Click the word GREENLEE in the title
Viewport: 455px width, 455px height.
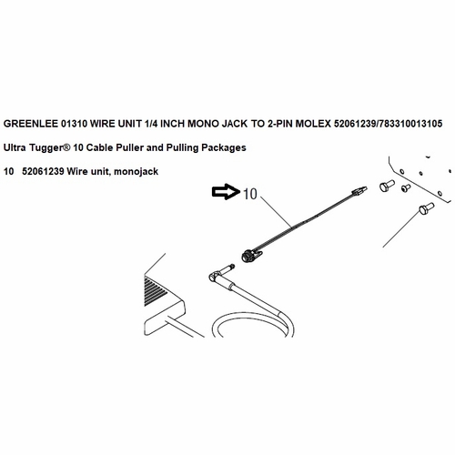[30, 124]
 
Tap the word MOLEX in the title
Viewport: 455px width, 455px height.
[313, 124]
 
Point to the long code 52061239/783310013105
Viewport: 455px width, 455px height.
[389, 124]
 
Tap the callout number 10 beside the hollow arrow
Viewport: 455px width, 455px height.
[250, 194]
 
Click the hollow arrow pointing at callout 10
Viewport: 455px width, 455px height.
[226, 192]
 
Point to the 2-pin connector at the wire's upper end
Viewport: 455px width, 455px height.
[359, 191]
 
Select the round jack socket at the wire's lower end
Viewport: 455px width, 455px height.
[249, 255]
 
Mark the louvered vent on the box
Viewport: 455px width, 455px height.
[156, 288]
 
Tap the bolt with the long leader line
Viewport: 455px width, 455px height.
[426, 208]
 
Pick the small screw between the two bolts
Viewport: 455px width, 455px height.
[406, 188]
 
